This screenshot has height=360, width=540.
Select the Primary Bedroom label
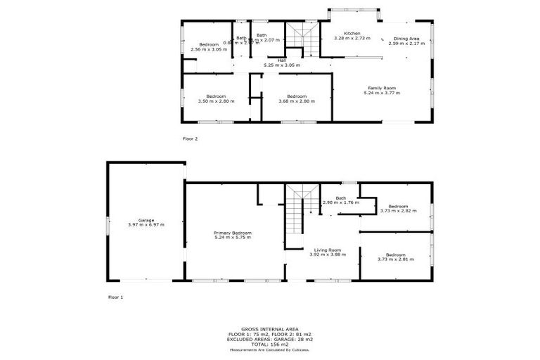coord(232,233)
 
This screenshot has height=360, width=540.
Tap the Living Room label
coord(327,250)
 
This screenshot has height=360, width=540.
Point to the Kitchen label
coord(352,34)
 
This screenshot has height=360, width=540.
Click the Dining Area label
coord(406,39)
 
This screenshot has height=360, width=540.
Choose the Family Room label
coord(381,88)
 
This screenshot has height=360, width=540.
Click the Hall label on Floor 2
coord(281,60)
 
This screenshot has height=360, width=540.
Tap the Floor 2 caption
coord(190,139)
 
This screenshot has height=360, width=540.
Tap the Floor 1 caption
coord(115,297)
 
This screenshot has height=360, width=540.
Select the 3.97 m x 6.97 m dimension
coord(146,224)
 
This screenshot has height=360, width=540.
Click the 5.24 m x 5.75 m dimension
coord(232,238)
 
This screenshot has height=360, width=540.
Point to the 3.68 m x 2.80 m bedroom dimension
coord(296,101)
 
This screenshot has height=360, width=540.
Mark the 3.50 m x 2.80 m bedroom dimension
coord(216,101)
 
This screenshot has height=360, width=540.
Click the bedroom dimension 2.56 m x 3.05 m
coord(209,50)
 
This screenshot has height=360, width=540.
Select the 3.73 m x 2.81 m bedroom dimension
coord(396,259)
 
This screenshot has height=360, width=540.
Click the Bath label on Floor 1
coord(341,198)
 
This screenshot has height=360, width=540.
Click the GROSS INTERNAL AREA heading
coord(269,329)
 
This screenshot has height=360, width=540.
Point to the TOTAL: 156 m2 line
coord(269,345)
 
